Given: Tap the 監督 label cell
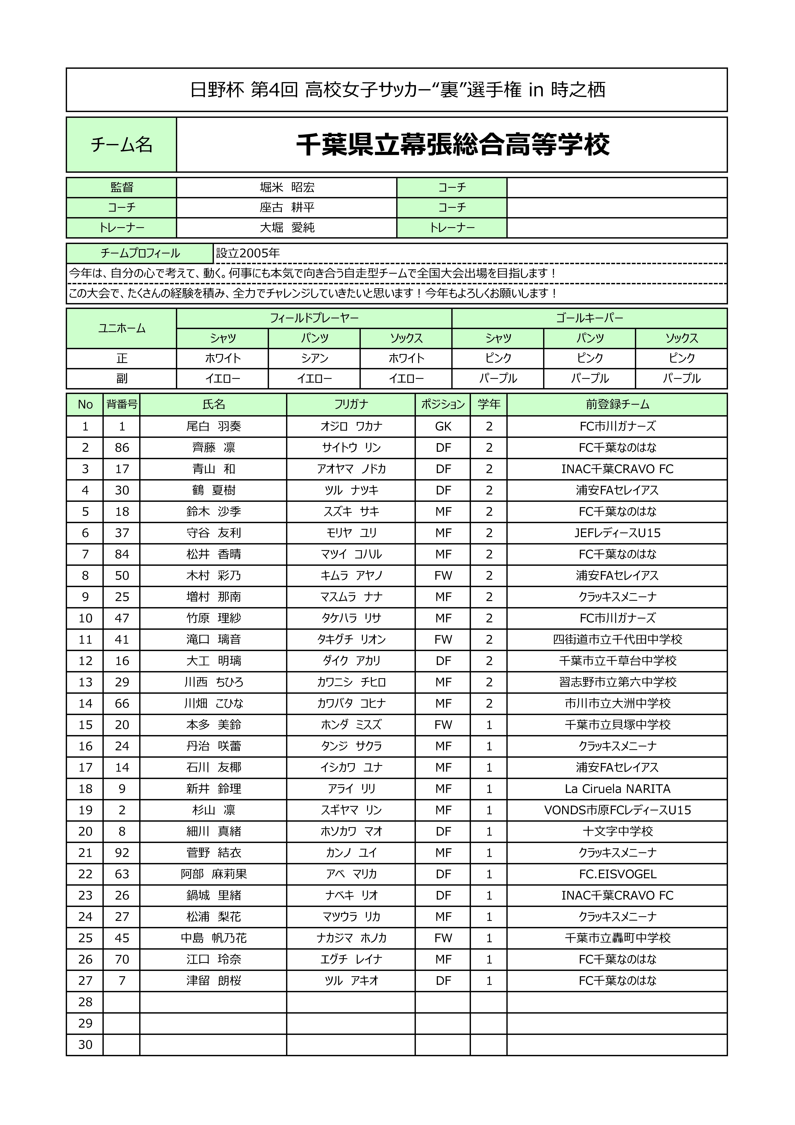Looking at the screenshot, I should pyautogui.click(x=122, y=187).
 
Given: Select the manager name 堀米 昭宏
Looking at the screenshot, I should pyautogui.click(x=287, y=187).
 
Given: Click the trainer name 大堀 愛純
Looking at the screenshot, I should pyautogui.click(x=287, y=227).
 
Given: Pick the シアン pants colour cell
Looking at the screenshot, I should pyautogui.click(x=314, y=358).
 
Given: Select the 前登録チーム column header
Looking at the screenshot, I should pyautogui.click(x=617, y=404).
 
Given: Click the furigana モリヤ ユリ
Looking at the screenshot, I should pyautogui.click(x=351, y=533).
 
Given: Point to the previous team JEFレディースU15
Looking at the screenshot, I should pyautogui.click(x=617, y=533).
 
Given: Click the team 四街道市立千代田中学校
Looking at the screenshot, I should pyautogui.click(x=617, y=639).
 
